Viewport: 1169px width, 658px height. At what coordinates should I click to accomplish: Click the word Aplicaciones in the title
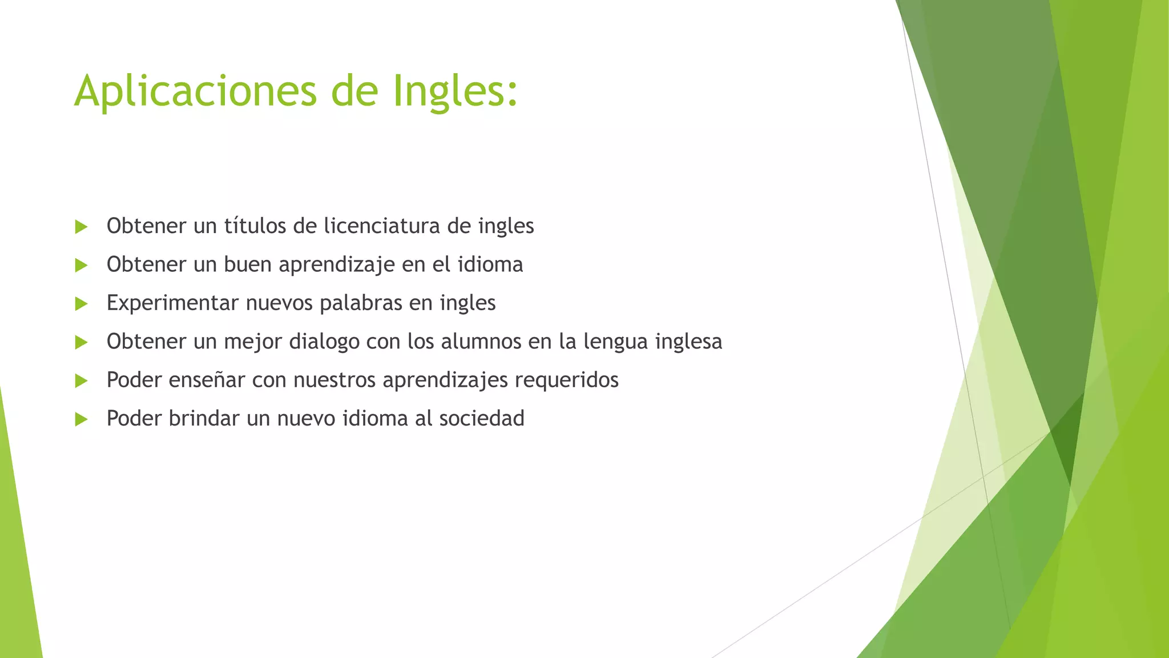tap(195, 91)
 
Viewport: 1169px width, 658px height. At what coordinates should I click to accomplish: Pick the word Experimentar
tap(172, 303)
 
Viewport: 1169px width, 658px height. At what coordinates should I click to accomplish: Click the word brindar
tap(204, 419)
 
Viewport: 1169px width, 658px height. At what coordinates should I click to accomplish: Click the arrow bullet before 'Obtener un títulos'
tap(81, 227)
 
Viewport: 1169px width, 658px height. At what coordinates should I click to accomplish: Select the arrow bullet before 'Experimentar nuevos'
tap(81, 303)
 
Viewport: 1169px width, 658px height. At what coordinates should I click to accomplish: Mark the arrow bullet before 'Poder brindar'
tap(81, 419)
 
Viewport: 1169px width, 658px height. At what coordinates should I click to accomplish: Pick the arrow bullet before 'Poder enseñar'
tap(81, 380)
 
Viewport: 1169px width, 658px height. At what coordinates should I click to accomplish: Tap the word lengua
tap(615, 342)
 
